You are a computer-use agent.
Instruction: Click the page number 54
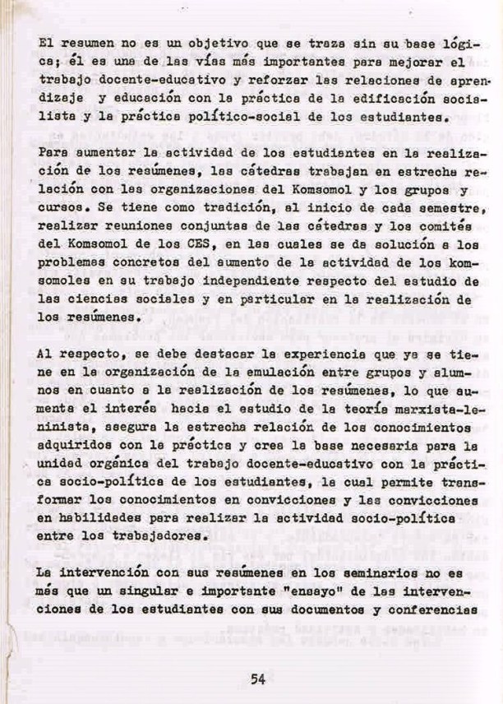pyautogui.click(x=257, y=679)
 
